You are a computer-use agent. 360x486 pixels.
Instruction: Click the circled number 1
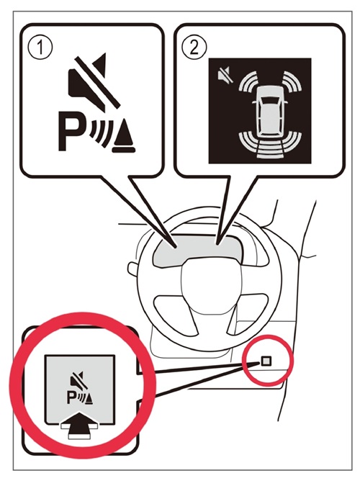tap(40, 48)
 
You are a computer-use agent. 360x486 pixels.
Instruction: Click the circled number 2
tap(194, 48)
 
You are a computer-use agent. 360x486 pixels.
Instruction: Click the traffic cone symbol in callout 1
tap(124, 136)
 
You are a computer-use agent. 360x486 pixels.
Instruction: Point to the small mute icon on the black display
tap(225, 76)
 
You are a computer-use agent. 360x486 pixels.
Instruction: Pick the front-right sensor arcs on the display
tap(292, 82)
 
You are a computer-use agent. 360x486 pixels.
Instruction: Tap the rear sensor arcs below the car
tap(269, 145)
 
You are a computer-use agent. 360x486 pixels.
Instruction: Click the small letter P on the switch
tap(71, 398)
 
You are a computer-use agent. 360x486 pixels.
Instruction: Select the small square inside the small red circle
tap(266, 361)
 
